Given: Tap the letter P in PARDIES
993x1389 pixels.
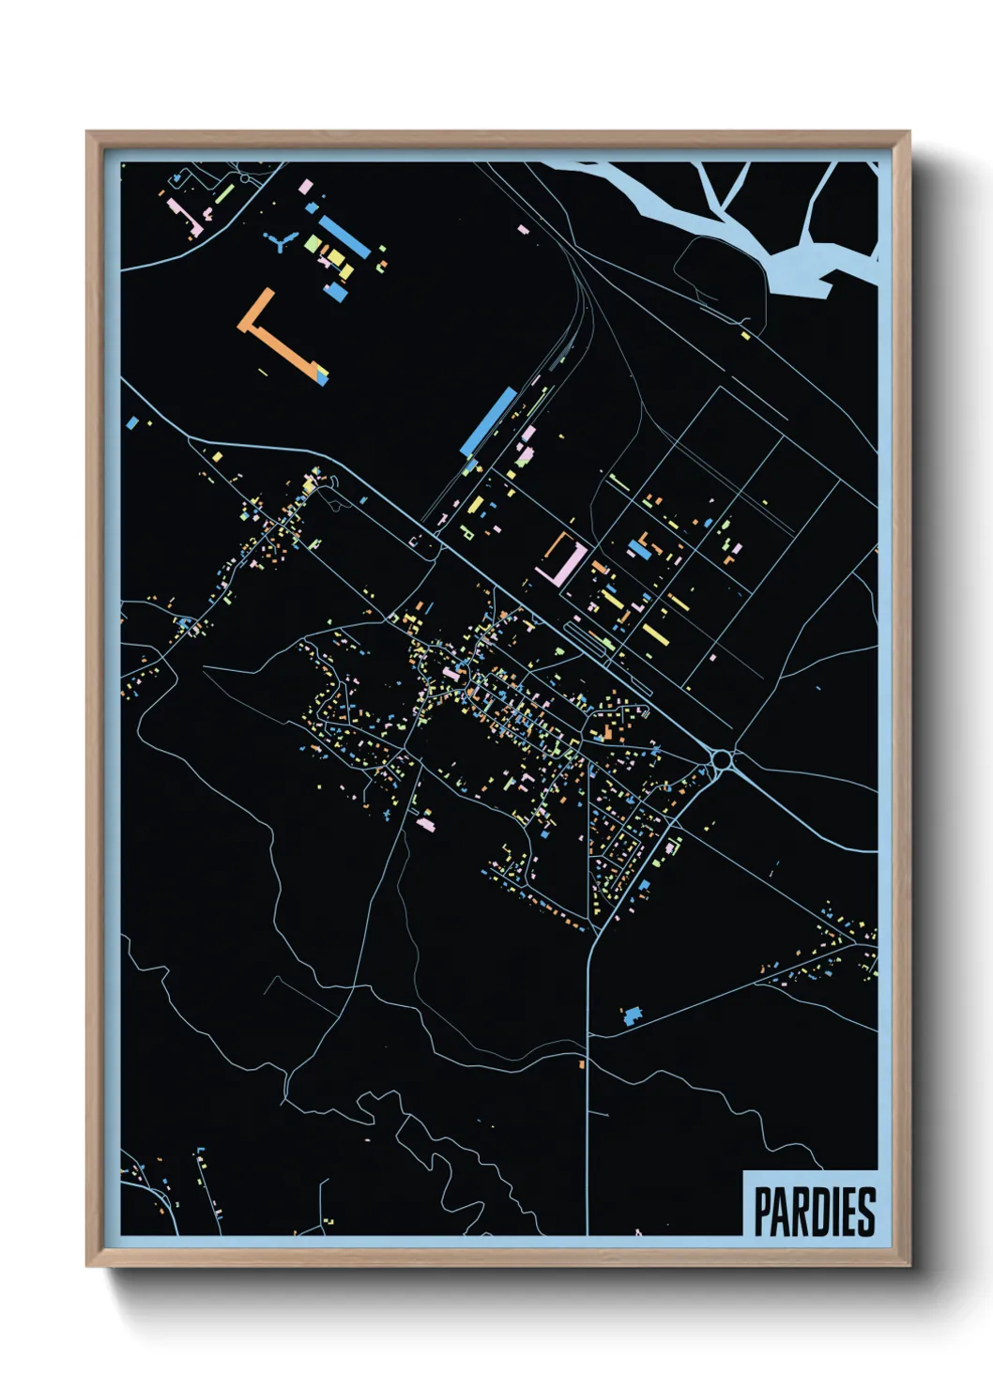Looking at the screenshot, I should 763,1212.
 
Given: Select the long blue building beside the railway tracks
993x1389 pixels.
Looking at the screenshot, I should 490,421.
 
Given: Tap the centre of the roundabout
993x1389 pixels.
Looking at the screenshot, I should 722,759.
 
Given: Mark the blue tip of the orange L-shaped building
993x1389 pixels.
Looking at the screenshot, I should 325,376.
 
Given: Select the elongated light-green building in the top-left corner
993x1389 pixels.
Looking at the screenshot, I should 224,194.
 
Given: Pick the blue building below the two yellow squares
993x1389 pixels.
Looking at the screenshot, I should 335,292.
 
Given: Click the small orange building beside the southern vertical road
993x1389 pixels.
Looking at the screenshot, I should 582,1063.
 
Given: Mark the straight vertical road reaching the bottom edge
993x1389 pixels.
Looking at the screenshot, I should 588,1126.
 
